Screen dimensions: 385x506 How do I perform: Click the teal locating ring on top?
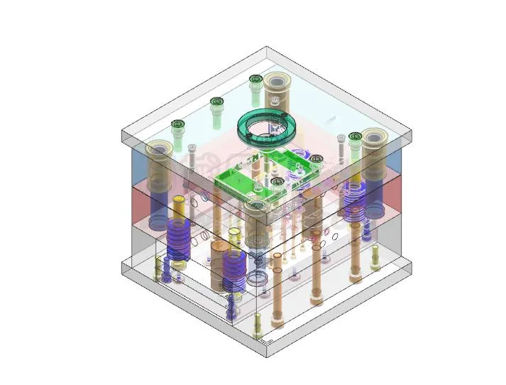[267, 126]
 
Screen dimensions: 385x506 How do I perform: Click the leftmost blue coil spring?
[179, 238]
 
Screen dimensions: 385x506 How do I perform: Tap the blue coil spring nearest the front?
[234, 270]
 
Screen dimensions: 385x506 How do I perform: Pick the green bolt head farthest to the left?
[177, 125]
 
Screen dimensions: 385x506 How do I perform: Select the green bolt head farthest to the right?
[354, 136]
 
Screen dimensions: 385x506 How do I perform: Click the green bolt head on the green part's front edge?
[277, 182]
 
